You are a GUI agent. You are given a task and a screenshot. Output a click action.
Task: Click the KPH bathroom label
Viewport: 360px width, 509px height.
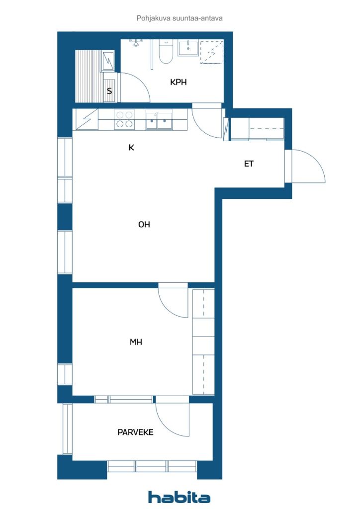tap(178, 82)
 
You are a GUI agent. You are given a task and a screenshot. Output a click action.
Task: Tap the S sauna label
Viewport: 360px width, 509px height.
tap(109, 91)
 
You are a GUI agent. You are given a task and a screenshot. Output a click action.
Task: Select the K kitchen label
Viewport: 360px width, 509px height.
tap(131, 148)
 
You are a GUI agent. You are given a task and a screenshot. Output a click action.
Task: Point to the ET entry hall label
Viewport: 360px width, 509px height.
tap(249, 164)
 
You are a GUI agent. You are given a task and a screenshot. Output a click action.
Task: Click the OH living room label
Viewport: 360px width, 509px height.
tap(144, 224)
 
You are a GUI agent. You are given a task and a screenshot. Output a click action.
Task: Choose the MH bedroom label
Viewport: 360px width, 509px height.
tap(136, 342)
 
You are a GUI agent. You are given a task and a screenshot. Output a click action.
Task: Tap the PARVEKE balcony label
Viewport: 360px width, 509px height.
tap(135, 432)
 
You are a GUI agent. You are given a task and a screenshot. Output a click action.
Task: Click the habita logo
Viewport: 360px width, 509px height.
tap(179, 497)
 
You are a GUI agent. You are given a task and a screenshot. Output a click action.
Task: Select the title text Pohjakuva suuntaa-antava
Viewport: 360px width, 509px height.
tap(180, 18)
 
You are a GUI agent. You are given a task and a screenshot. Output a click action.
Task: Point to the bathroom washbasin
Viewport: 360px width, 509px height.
tap(188, 48)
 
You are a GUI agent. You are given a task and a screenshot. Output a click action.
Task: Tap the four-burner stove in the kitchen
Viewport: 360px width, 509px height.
tap(124, 119)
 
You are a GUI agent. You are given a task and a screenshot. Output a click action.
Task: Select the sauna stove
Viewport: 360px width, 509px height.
tap(108, 61)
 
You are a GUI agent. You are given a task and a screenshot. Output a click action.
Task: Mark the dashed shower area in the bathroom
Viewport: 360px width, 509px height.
tap(212, 52)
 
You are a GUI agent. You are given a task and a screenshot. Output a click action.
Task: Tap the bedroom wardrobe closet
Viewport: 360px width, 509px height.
tap(203, 341)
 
